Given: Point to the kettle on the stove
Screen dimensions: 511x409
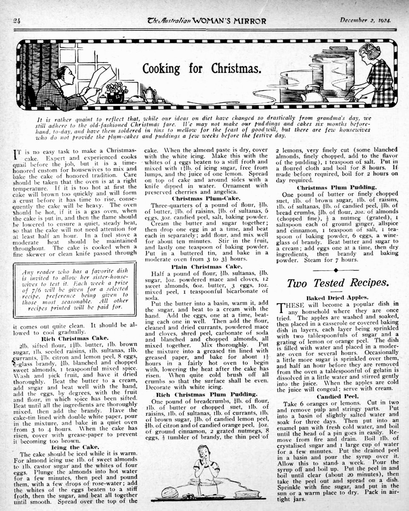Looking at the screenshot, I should click(x=312, y=94).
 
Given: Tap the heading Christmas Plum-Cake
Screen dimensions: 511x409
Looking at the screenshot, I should click(x=202, y=198).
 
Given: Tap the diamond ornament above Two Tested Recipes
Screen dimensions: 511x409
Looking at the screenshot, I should click(x=336, y=270).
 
